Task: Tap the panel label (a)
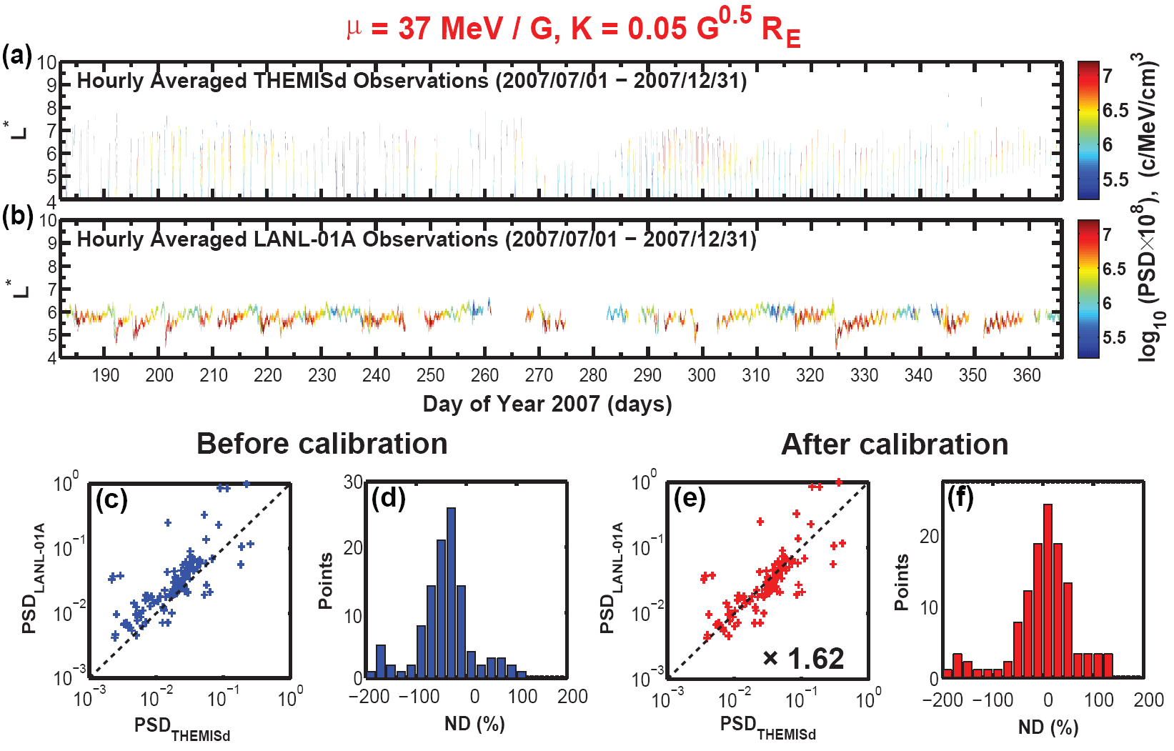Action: click(x=16, y=55)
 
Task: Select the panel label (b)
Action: click(x=17, y=216)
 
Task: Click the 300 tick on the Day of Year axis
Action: click(x=702, y=376)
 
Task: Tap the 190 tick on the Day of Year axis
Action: click(x=105, y=376)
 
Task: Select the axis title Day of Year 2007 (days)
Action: click(x=547, y=404)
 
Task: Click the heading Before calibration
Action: click(x=322, y=444)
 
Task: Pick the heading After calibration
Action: click(x=895, y=444)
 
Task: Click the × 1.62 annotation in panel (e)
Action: click(x=803, y=658)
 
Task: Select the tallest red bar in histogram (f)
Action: click(x=1048, y=590)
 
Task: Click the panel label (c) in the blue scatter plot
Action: click(x=111, y=499)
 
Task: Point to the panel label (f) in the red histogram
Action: click(x=960, y=497)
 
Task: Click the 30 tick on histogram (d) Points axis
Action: click(x=353, y=482)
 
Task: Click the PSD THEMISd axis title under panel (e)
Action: click(x=767, y=727)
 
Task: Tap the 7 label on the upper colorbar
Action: click(x=1108, y=76)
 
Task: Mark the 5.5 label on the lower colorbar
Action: click(x=1115, y=337)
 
